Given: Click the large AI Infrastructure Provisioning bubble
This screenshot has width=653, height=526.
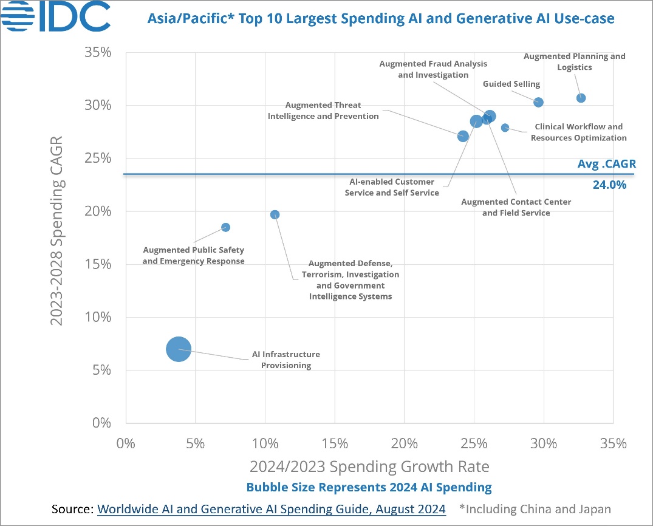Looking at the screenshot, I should pos(179,349).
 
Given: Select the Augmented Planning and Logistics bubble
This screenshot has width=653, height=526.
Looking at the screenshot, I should pos(581,98).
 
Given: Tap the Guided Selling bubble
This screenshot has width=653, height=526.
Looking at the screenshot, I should pos(538,102).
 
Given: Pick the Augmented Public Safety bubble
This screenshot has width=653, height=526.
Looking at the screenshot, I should pos(225,227).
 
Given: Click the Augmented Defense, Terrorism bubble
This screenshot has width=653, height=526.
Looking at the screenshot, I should pos(275,214).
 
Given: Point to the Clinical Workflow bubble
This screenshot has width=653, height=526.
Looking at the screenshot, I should pos(505,128).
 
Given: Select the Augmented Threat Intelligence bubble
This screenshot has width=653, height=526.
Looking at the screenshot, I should pos(463,136).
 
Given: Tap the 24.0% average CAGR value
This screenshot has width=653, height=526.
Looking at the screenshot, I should pos(609,185).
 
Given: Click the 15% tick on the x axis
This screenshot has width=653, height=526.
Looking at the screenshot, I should pos(335,443).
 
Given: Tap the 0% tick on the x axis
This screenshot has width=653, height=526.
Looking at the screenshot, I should pos(125,443).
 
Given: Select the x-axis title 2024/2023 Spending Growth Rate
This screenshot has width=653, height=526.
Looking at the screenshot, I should pos(369,466).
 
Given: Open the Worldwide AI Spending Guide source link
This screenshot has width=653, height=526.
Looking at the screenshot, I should pos(272,508).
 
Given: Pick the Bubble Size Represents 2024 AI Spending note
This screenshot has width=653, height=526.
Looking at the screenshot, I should pos(369,487).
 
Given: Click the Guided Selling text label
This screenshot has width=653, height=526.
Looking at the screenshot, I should pos(511,84).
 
